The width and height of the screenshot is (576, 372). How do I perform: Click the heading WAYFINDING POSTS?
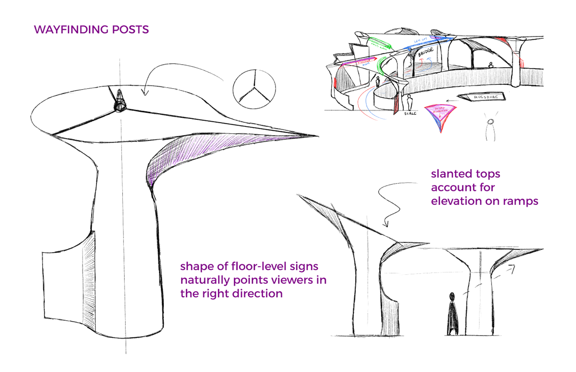tap(91, 30)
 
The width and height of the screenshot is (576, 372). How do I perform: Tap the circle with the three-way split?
tap(255, 88)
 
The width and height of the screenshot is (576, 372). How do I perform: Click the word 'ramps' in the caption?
tap(521, 201)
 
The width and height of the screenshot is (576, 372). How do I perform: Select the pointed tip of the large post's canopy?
tap(314, 136)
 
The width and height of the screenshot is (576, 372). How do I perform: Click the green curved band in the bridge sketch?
tap(383, 64)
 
